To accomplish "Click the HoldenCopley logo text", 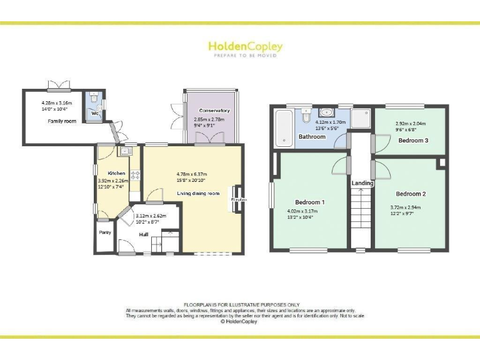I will pyautogui.click(x=245, y=47).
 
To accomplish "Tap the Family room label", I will pyautogui.click(x=62, y=121).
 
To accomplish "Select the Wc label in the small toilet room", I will pyautogui.click(x=94, y=114).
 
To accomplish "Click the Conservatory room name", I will pyautogui.click(x=214, y=111).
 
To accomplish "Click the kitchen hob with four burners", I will pyautogui.click(x=134, y=174).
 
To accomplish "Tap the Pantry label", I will pyautogui.click(x=104, y=232).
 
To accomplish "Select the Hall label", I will pyautogui.click(x=144, y=234).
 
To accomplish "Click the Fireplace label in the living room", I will pyautogui.click(x=239, y=200).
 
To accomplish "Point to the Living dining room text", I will pyautogui.click(x=198, y=194).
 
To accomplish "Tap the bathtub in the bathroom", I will pyautogui.click(x=282, y=128).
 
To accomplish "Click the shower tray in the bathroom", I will pyautogui.click(x=360, y=119).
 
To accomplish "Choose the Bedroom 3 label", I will pyautogui.click(x=413, y=140).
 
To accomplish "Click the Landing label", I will pyautogui.click(x=362, y=183).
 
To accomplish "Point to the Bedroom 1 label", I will pyautogui.click(x=309, y=202).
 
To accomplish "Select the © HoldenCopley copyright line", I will pyautogui.click(x=240, y=321).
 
